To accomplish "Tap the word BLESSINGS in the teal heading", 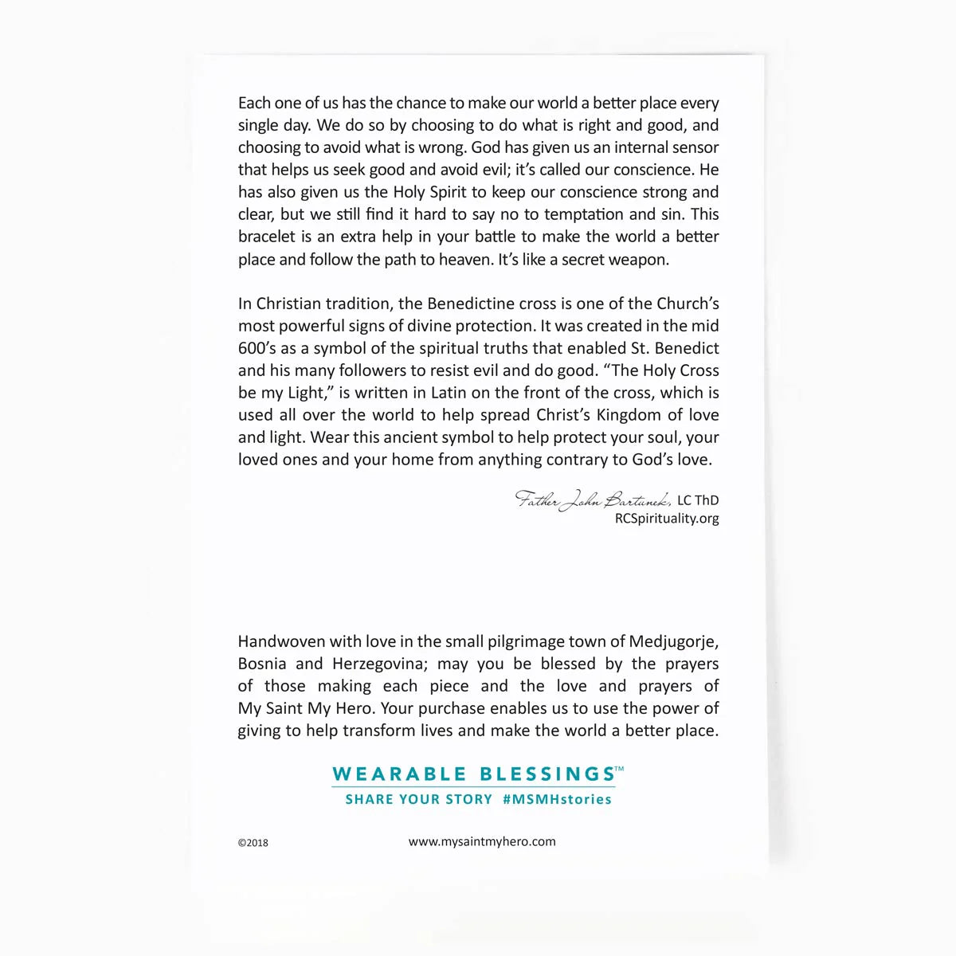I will point(547,774).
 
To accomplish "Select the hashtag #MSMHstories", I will point(557,799).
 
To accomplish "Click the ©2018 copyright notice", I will point(253,843).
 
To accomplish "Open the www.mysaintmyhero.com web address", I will point(482,841).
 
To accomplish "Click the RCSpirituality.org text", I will point(667,519).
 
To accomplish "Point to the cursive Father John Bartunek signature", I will point(594,500).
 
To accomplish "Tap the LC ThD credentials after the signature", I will point(698,500).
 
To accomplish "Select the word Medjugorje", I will point(673,641).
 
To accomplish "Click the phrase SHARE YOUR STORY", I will point(418,799).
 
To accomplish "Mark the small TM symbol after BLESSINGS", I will point(620,769).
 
